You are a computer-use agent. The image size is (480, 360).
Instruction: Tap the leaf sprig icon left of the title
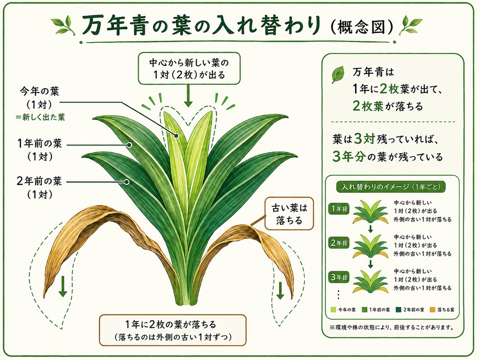pos(64,25)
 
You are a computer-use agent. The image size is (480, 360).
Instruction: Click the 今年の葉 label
pos(40,91)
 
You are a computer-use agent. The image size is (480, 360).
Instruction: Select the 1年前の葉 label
pos(40,143)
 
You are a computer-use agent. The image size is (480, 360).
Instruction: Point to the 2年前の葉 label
pos(39,181)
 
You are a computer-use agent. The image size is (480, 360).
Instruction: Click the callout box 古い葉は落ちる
pos(289,214)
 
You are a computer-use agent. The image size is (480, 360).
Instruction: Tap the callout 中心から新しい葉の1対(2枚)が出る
pos(189,68)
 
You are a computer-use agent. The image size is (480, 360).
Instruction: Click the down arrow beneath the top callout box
pos(188,96)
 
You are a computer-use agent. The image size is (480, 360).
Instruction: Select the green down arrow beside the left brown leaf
pos(63,286)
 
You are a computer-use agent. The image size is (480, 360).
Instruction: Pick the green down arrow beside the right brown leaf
pos(280,291)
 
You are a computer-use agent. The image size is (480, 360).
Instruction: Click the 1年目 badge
pos(339,209)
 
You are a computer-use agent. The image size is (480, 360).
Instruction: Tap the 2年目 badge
pos(339,243)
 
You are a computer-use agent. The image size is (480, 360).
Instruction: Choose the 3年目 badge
pos(339,277)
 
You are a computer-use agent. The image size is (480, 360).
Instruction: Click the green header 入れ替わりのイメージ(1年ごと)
pos(391,187)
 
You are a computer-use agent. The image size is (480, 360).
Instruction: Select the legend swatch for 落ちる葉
pos(432,310)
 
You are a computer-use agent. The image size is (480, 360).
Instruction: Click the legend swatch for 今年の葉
pos(333,310)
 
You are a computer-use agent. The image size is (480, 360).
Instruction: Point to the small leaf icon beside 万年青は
pos(338,74)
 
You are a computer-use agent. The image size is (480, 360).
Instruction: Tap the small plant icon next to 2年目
pos(370,246)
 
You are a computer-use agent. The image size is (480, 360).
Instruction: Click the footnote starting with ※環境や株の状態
pos(392,328)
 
